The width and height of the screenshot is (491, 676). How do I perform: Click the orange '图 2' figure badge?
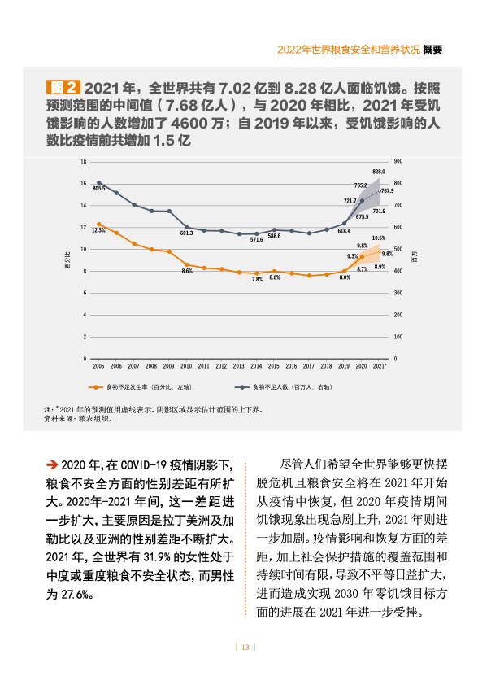pyautogui.click(x=63, y=88)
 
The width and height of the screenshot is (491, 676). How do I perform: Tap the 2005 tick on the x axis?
pyautogui.click(x=98, y=367)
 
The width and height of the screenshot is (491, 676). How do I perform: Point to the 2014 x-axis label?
pyautogui.click(x=256, y=367)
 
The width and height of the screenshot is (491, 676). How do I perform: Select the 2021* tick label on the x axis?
pyautogui.click(x=380, y=367)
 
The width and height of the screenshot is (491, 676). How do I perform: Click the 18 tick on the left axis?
pyautogui.click(x=83, y=162)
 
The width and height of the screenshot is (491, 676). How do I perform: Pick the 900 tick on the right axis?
pyautogui.click(x=397, y=162)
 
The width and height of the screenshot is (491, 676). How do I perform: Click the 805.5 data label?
pyautogui.click(x=99, y=189)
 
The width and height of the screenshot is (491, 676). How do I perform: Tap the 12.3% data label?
pyautogui.click(x=98, y=230)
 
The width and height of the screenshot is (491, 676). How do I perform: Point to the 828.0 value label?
pyautogui.click(x=379, y=172)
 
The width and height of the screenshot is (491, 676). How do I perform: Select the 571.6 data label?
pyautogui.click(x=256, y=240)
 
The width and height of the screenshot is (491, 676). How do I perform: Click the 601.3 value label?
pyautogui.click(x=186, y=233)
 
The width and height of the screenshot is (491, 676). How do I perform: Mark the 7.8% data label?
pyautogui.click(x=257, y=280)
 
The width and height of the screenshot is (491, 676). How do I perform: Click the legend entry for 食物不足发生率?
pyautogui.click(x=147, y=387)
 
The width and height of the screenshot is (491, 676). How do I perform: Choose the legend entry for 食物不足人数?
pyautogui.click(x=285, y=387)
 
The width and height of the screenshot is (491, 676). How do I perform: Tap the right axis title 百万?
pyautogui.click(x=414, y=259)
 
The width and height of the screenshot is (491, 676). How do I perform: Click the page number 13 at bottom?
pyautogui.click(x=244, y=647)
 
